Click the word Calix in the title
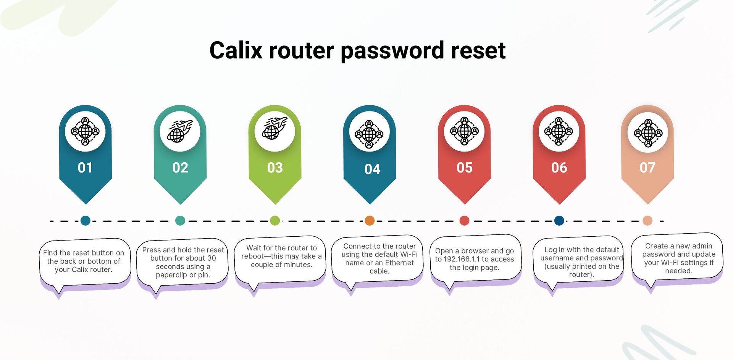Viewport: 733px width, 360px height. click(236, 50)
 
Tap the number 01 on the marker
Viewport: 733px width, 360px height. click(85, 168)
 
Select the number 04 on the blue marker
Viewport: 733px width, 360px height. click(372, 169)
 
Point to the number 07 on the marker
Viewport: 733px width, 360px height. click(647, 168)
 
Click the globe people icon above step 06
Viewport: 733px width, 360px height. click(559, 131)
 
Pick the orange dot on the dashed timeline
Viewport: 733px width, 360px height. click(369, 221)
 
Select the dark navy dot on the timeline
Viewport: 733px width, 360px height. click(559, 221)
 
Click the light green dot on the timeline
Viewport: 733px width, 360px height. click(275, 221)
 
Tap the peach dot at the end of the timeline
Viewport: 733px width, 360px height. click(647, 221)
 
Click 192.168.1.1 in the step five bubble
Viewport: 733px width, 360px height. click(462, 259)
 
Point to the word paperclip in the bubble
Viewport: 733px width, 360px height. click(171, 275)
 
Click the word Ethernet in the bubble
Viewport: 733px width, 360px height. click(399, 263)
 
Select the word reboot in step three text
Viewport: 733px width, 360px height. click(252, 256)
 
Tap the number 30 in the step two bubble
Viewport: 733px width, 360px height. click(212, 258)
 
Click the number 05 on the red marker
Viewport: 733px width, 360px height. click(464, 168)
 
